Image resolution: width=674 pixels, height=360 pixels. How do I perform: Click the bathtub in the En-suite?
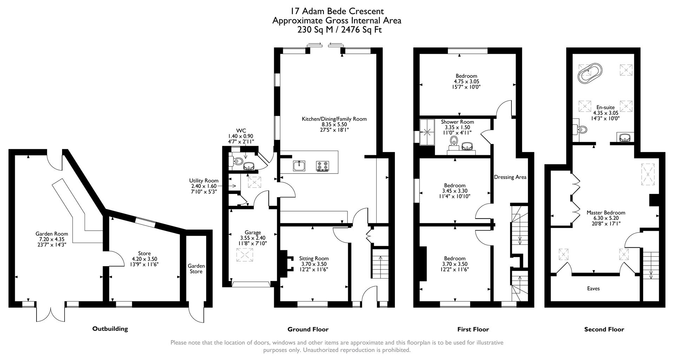(x=590, y=73)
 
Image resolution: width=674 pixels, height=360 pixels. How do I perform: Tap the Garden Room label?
(x=52, y=234)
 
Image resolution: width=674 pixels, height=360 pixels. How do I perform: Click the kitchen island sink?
(x=299, y=165)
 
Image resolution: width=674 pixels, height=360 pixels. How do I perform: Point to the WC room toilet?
(x=237, y=162)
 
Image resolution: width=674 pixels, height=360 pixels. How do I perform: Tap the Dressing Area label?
(x=510, y=177)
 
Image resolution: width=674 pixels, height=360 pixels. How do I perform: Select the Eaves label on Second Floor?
(x=593, y=289)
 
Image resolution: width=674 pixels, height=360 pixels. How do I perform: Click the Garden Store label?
(x=196, y=269)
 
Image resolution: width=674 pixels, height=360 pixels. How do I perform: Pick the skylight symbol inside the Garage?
(x=245, y=255)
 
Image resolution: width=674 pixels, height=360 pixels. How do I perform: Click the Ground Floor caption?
(x=308, y=329)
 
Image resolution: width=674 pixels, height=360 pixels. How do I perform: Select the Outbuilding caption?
(x=110, y=329)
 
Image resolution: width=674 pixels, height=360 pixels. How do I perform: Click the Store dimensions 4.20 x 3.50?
(x=144, y=259)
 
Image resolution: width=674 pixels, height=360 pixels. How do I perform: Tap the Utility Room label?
(x=204, y=181)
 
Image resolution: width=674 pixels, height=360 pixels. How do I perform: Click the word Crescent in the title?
(x=367, y=11)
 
